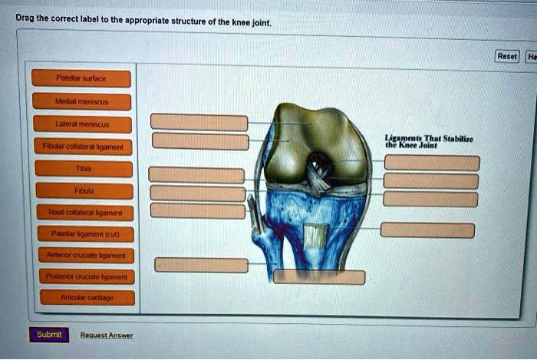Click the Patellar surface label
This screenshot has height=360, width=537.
[81, 78]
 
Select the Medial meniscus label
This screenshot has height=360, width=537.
[82, 101]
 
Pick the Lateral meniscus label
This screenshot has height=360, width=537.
[82, 124]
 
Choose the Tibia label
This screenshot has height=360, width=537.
[83, 169]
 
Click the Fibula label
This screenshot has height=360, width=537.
[84, 191]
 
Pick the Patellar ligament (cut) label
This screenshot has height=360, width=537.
[84, 234]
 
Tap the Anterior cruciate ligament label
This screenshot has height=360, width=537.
[85, 256]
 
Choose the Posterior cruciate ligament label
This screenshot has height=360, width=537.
[85, 276]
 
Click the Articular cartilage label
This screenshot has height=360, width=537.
[86, 297]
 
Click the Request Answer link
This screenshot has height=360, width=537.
[107, 335]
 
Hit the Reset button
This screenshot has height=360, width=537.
[507, 56]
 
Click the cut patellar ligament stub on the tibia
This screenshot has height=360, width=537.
[315, 235]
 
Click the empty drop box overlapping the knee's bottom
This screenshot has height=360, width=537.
[319, 277]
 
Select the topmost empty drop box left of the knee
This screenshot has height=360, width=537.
[199, 122]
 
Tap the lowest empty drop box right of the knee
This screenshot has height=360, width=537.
[427, 230]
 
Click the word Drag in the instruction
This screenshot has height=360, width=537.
[25, 16]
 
